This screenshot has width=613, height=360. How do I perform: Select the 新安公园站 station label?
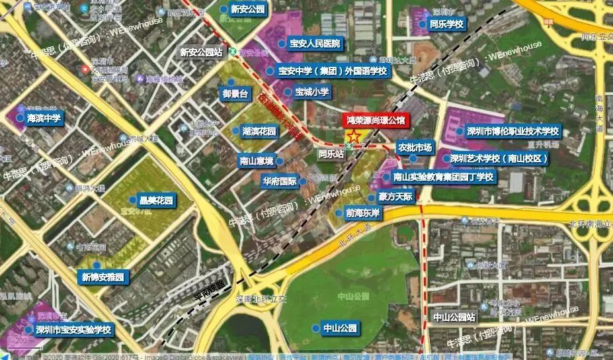(x=200, y=52)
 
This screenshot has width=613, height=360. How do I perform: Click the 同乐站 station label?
(x=331, y=154)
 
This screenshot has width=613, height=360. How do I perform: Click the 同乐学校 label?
(x=446, y=24)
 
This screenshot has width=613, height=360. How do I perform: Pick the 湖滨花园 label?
(x=258, y=131)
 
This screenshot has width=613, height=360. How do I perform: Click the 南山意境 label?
(x=257, y=160)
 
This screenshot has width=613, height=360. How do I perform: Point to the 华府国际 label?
(x=279, y=181)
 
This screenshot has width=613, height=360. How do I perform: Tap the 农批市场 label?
(x=414, y=148)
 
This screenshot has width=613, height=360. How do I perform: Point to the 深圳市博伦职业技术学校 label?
(x=512, y=131)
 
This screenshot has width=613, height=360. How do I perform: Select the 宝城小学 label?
(x=311, y=93)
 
